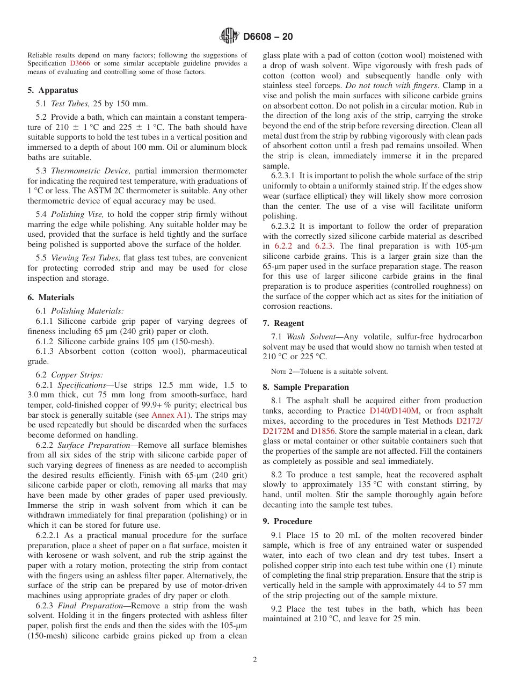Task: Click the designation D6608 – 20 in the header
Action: coord(268,37)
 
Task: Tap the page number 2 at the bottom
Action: coord(255,660)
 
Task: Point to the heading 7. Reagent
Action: coord(283,323)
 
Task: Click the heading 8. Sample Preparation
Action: coord(305,387)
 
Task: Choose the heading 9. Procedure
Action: coord(287,521)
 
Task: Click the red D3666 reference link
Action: coord(81,63)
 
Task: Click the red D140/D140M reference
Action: coord(394,411)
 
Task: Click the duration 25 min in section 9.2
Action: coord(406,618)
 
